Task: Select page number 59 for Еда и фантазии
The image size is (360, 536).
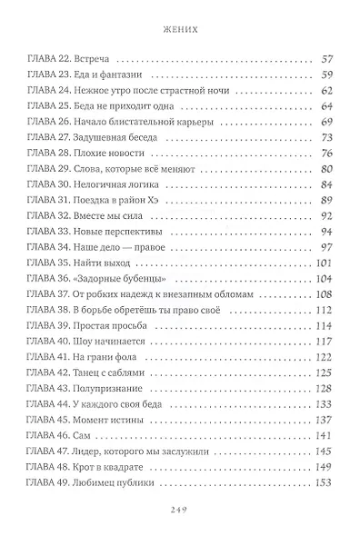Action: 329,74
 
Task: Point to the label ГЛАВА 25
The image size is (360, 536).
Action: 45,105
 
